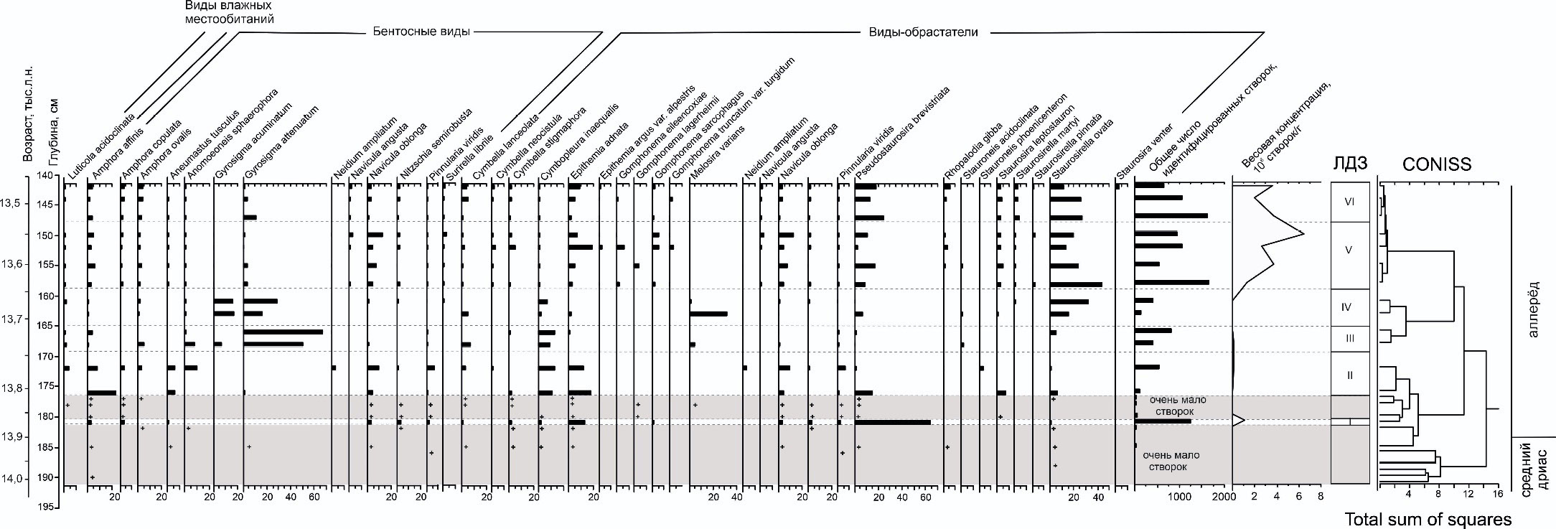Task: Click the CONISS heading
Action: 1436,164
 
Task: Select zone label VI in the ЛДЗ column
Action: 1349,202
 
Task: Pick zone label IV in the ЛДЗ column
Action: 1346,307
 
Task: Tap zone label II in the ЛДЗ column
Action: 1349,374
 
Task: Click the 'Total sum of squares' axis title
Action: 1428,518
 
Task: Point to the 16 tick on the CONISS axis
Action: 1497,494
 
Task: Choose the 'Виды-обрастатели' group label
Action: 923,32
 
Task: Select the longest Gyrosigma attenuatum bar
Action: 283,332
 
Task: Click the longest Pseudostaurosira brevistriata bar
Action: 892,422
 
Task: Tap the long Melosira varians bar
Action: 708,314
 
